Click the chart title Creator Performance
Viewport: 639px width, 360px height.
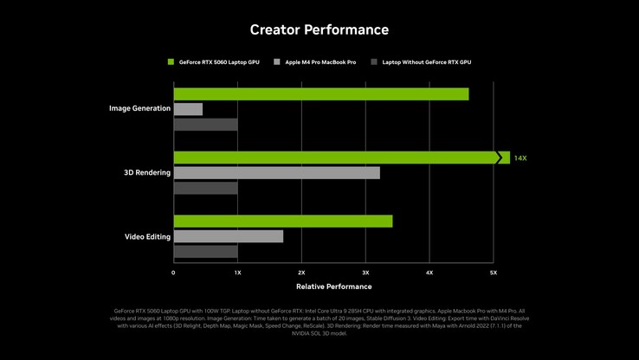[x=319, y=29]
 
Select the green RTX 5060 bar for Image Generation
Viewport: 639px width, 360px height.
[x=320, y=93]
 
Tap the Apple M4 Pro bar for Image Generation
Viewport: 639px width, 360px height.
[x=188, y=109]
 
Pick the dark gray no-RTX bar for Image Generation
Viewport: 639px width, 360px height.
[x=205, y=125]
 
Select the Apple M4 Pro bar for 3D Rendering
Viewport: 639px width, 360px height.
[x=276, y=172]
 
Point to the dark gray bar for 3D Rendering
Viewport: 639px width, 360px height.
[x=205, y=188]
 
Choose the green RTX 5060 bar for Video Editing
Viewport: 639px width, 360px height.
[x=282, y=221]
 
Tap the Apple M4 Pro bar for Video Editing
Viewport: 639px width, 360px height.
[x=228, y=236]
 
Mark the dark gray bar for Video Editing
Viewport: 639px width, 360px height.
[x=205, y=252]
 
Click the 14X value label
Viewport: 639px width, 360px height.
[x=520, y=158]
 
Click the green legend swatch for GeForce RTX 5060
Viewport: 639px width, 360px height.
[x=171, y=62]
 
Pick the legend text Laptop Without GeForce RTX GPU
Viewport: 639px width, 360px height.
[x=426, y=62]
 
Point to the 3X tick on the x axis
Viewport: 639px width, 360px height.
[x=365, y=273]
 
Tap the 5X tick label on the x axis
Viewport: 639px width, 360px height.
[x=494, y=273]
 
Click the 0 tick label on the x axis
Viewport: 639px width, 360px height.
[x=173, y=273]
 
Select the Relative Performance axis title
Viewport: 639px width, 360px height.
[x=333, y=286]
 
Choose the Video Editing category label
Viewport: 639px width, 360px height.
[x=147, y=236]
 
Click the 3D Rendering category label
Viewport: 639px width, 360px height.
[x=147, y=172]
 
